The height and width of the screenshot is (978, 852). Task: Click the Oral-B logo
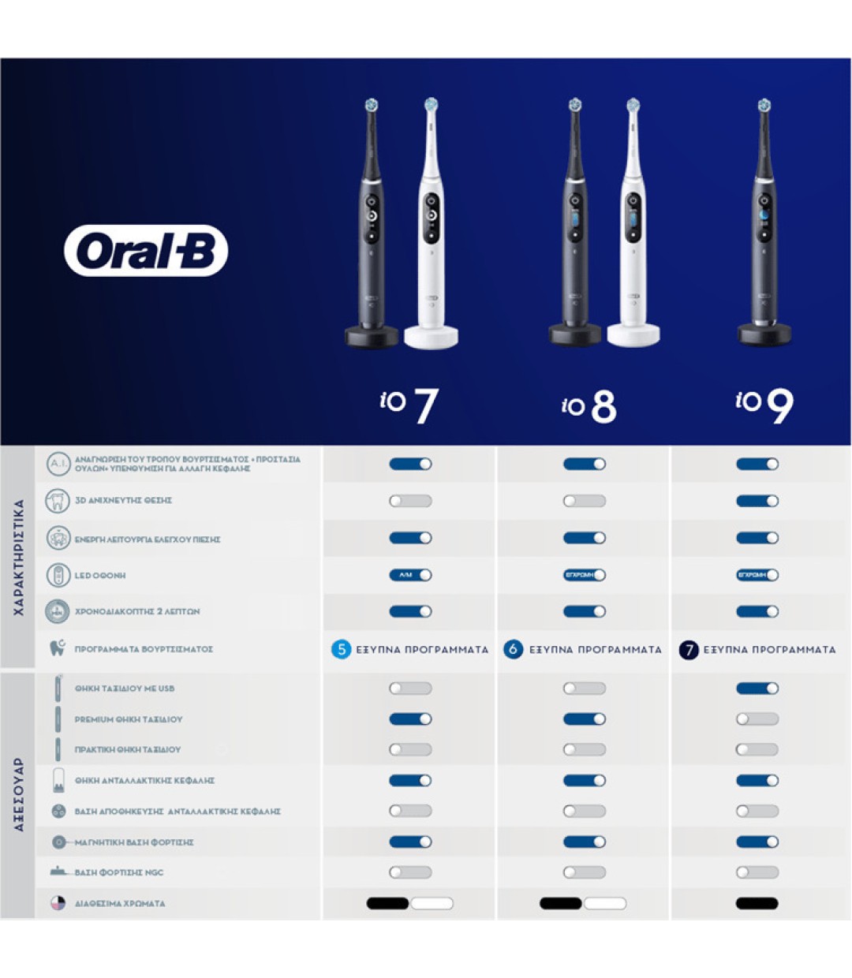coord(146,251)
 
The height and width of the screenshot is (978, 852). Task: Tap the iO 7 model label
coord(409,405)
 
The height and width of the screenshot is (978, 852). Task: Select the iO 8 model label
coord(589,406)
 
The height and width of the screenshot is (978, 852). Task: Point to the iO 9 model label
coord(764,405)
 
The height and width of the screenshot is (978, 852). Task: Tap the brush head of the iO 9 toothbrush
coord(764,106)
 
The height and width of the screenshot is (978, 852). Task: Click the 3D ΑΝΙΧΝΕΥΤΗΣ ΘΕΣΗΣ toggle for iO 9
coord(757,501)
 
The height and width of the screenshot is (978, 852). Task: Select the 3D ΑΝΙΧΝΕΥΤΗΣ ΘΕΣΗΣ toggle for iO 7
coord(410,501)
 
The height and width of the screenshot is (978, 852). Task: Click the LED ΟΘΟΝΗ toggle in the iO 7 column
coord(410,575)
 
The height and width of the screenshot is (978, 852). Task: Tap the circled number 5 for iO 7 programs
coord(341,650)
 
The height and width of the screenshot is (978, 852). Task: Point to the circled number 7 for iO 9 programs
coord(689,650)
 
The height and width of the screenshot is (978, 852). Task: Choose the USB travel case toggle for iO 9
coord(757,689)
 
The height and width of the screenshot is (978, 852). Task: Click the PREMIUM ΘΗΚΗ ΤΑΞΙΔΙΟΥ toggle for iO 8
coord(585,719)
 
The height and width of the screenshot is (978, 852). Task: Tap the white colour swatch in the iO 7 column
coord(432,904)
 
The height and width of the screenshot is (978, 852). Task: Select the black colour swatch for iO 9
coord(757,904)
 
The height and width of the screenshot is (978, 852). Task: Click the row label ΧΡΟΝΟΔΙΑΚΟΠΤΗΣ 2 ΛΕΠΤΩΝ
coord(137,612)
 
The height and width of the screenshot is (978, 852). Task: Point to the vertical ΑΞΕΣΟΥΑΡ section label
coord(19,795)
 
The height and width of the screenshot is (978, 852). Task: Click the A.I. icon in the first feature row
coord(58,464)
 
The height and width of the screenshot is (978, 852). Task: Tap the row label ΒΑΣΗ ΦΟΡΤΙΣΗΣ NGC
coord(119,873)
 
